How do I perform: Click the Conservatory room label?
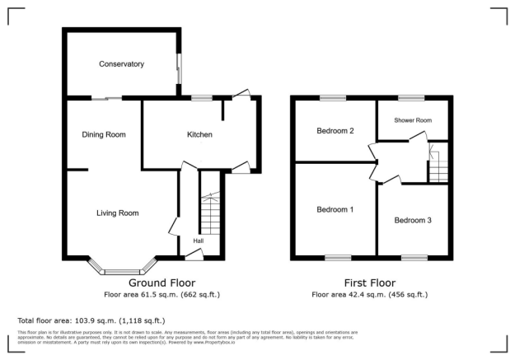121,64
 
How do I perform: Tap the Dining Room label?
103,134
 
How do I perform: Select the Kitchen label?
199,134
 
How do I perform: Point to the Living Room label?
117,213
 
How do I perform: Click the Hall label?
199,241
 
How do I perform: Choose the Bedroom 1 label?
335,209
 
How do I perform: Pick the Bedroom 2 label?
335,131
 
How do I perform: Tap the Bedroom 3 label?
413,220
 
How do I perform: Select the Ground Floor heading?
162,282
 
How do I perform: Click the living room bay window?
122,269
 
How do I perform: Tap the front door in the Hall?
194,257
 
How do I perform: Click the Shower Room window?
410,98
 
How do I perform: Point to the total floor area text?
91,320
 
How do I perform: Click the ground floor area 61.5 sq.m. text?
162,294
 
